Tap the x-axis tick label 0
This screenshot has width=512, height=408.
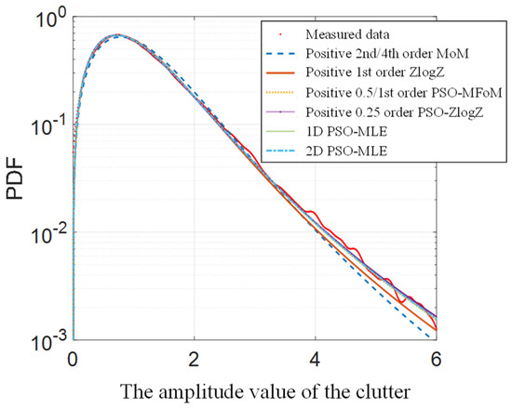[x=73, y=358]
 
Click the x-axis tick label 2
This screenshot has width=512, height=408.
[x=194, y=358]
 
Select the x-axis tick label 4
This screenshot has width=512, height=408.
[x=315, y=358]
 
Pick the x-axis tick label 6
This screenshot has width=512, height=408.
[x=436, y=358]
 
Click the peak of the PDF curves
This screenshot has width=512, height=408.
[x=115, y=35]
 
